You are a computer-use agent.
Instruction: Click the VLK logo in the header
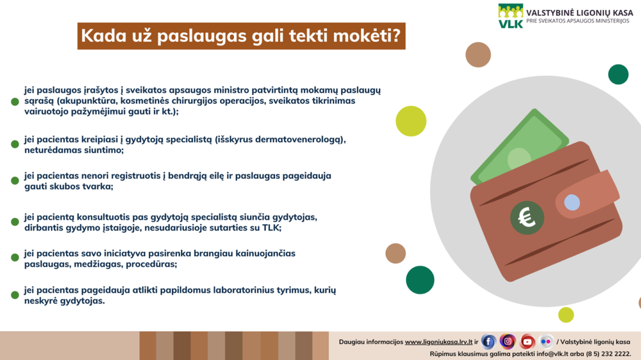pos(511,16)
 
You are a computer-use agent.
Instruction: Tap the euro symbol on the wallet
pos(527,218)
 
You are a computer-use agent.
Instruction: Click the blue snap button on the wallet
pos(572,203)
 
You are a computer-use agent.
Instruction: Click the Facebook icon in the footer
pos(488,341)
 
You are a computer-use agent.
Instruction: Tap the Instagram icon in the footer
pos(508,341)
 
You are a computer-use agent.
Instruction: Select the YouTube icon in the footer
pos(528,341)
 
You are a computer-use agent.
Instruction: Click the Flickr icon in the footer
pos(546,341)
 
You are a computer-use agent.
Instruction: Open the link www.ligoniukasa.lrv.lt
pos(438,342)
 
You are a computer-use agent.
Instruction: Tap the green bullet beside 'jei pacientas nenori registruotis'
pos(15,181)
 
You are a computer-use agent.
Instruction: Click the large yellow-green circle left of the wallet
pos(411,120)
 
